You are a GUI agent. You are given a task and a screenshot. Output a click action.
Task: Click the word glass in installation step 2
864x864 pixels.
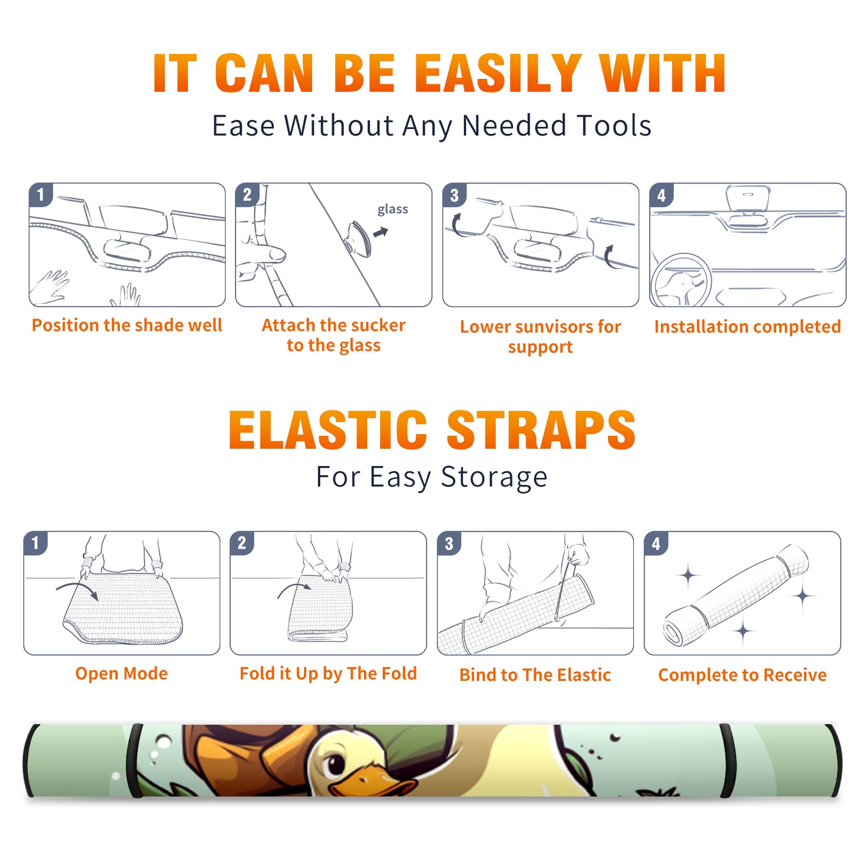click(393, 210)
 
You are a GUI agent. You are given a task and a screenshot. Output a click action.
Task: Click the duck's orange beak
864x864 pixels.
click(373, 782)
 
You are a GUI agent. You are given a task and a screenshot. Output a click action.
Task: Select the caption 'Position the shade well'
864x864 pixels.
click(127, 325)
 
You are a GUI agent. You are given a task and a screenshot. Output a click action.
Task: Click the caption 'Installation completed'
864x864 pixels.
click(747, 327)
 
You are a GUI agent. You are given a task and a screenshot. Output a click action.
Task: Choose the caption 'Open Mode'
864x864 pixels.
click(122, 673)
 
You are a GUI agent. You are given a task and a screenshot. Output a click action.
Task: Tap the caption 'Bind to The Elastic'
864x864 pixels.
click(535, 675)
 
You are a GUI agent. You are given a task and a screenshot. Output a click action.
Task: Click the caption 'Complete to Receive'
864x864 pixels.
click(742, 675)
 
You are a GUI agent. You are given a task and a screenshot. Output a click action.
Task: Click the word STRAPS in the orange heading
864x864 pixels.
click(541, 430)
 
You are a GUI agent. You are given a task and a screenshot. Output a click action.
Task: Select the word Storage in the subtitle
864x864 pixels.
click(494, 477)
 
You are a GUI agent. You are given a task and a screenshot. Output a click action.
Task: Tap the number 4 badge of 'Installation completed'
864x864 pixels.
click(661, 195)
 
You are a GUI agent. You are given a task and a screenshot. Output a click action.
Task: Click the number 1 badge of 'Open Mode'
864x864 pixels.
click(36, 543)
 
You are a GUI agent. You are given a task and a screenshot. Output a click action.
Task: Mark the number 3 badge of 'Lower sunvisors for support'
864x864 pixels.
click(455, 195)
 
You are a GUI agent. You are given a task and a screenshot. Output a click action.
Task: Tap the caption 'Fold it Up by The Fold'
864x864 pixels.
click(328, 673)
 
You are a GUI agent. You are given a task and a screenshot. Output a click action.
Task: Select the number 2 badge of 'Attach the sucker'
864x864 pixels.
click(247, 195)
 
